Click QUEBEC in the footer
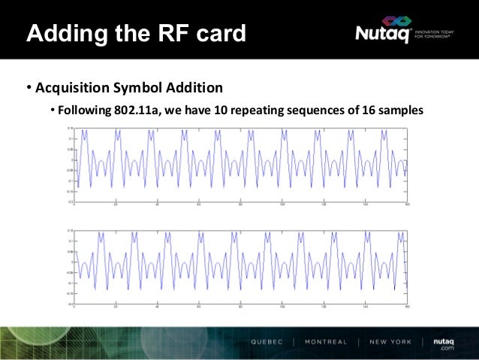click(x=267, y=342)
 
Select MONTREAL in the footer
click(x=326, y=342)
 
